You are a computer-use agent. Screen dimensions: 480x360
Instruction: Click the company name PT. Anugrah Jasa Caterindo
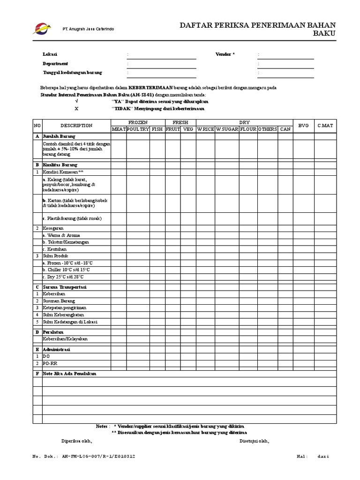[88, 30]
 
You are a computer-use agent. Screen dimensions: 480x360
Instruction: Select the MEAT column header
[118, 129]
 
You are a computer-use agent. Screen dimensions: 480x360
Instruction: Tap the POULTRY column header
[137, 129]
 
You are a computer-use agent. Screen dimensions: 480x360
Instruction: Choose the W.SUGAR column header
[227, 129]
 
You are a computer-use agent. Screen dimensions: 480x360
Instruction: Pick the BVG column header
[303, 126]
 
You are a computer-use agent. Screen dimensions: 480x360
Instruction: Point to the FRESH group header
[180, 122]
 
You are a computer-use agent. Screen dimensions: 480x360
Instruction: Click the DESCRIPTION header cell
[76, 126]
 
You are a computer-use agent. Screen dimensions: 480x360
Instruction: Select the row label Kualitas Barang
[60, 165]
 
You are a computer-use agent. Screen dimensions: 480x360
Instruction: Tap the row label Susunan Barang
[59, 300]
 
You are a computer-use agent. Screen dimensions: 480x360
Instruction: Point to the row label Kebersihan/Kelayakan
[65, 338]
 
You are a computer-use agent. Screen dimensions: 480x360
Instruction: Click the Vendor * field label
[225, 54]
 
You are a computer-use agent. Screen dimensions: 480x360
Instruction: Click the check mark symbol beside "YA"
[77, 101]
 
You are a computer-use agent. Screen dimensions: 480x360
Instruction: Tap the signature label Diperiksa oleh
[77, 441]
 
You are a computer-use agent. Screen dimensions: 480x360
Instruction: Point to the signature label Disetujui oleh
[255, 441]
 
